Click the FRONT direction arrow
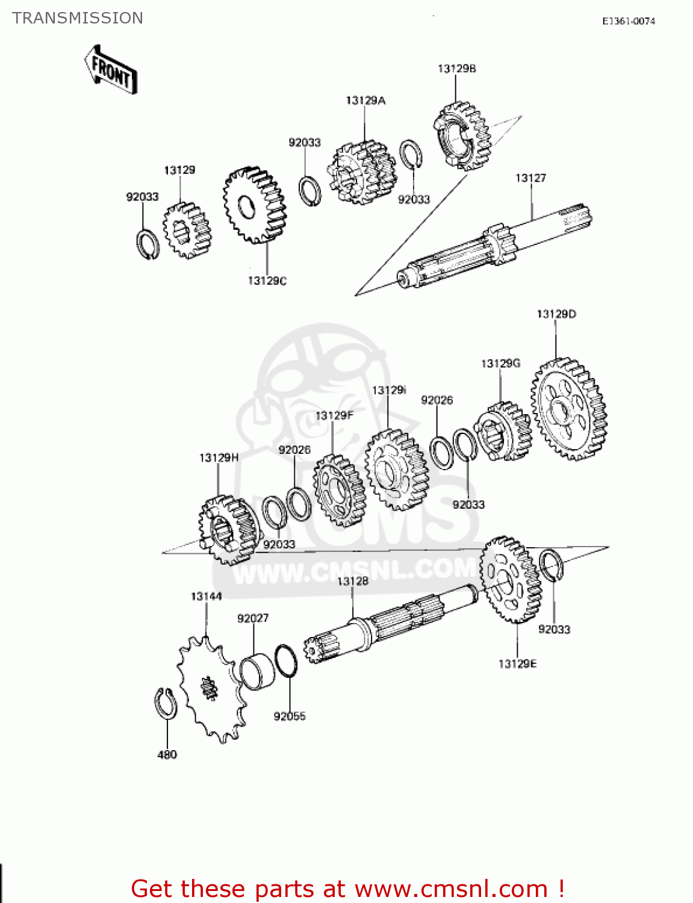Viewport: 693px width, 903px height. tap(111, 69)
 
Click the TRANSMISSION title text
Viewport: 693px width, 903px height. tap(78, 18)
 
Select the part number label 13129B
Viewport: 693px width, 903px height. tap(456, 69)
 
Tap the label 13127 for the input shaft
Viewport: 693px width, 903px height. tap(530, 178)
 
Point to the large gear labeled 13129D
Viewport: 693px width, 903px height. tap(569, 409)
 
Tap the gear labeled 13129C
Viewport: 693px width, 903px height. tap(255, 205)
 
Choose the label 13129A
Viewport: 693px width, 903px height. tap(365, 101)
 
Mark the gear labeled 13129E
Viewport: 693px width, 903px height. tap(511, 580)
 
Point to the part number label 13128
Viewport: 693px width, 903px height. tap(352, 581)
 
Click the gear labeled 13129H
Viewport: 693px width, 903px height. tap(229, 530)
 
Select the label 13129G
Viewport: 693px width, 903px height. tap(500, 364)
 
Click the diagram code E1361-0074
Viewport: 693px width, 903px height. tap(629, 21)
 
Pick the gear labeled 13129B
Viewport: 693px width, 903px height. tap(462, 135)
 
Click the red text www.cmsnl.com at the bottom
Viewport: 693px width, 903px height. tap(451, 889)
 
